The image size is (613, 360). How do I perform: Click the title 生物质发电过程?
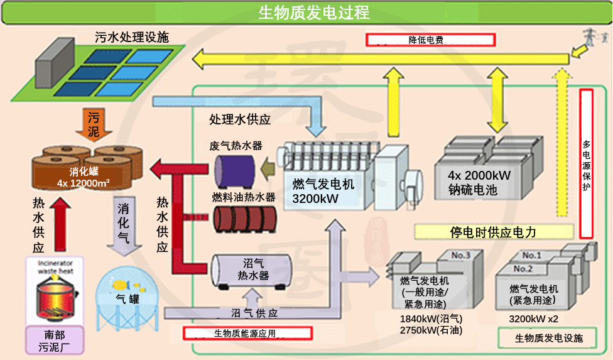(313, 12)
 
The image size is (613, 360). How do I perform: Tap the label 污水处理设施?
(132, 37)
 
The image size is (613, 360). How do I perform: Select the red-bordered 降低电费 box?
(431, 40)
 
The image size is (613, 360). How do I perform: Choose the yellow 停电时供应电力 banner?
(493, 232)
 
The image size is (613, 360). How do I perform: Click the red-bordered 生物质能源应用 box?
(247, 333)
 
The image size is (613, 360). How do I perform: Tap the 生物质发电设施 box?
(548, 338)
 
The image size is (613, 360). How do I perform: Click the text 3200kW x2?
(533, 319)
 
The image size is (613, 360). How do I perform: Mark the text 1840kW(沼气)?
(430, 319)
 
